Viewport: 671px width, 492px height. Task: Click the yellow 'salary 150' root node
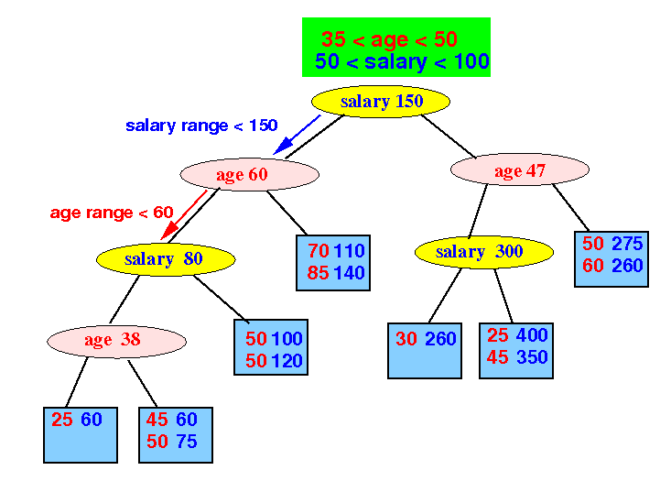point(381,102)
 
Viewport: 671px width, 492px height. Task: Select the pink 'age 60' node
point(250,174)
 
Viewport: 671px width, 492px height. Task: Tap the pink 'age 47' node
point(520,169)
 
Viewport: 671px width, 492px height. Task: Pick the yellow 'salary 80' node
point(166,259)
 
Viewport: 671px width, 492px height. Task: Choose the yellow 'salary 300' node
point(484,252)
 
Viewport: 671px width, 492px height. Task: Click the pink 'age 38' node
point(116,341)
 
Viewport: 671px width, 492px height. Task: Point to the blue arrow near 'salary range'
point(297,135)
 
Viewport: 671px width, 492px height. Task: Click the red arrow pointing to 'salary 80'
point(184,215)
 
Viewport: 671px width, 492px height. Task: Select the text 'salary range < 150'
point(201,126)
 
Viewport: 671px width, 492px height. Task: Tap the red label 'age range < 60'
point(112,213)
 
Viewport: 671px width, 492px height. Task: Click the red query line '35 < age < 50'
point(389,39)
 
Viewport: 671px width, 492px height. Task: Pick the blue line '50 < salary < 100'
point(402,61)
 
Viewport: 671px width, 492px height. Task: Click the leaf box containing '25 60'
point(81,435)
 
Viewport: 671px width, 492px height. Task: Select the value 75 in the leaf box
point(186,442)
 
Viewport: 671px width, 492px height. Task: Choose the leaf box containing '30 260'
point(425,351)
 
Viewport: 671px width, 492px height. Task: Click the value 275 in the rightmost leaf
point(627,243)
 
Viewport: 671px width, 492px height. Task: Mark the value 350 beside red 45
point(532,357)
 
